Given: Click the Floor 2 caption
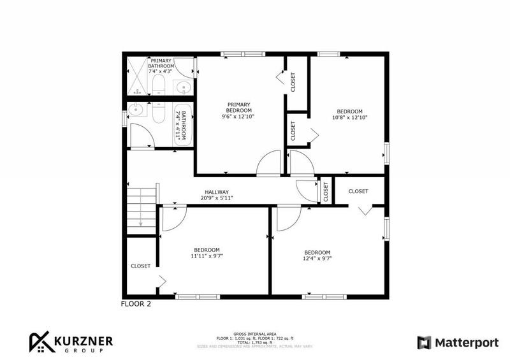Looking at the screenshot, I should click(x=136, y=304).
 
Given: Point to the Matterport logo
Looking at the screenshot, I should click(x=458, y=343).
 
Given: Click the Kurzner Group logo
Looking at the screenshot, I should click(x=70, y=343).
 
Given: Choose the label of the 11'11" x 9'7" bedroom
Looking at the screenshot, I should click(x=207, y=253).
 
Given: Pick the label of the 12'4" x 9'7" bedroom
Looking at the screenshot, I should click(x=317, y=255).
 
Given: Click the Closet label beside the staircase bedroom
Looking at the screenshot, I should click(x=140, y=266).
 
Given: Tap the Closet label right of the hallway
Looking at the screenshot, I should click(x=358, y=191).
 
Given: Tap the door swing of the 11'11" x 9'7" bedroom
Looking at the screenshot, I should click(x=172, y=219).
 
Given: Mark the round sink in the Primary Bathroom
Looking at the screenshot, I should click(x=184, y=88).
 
